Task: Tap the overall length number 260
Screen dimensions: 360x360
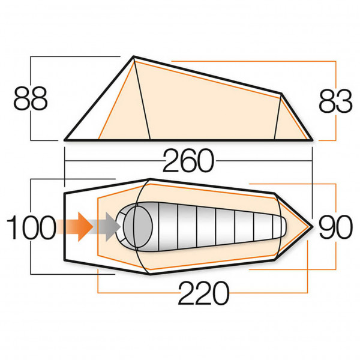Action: [x=187, y=161]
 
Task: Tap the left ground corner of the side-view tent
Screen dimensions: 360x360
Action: [x=65, y=140]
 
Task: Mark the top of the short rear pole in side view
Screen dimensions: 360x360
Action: [x=281, y=94]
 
